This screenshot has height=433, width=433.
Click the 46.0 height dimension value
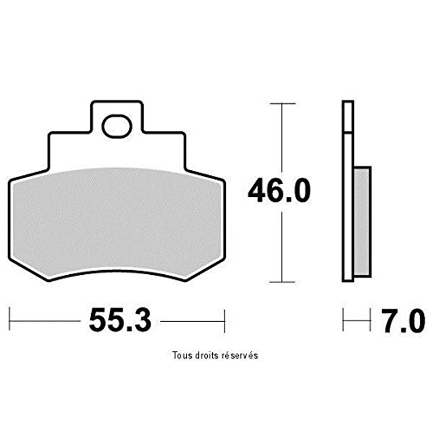click(279, 191)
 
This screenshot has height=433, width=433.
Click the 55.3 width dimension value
click(121, 321)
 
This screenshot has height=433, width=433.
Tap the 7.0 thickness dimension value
click(404, 321)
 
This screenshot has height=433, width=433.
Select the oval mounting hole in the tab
click(117, 127)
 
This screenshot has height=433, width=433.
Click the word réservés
click(241, 355)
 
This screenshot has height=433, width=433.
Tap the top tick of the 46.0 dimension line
click(282, 103)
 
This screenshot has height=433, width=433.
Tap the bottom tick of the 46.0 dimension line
click(282, 282)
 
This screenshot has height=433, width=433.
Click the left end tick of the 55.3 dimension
click(9, 318)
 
